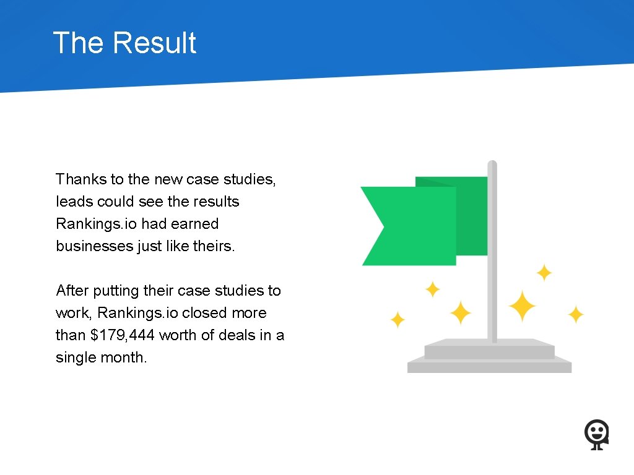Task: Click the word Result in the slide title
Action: pos(155,43)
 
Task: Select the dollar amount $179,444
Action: pos(123,335)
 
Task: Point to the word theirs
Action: pos(214,246)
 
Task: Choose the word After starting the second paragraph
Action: pos(72,291)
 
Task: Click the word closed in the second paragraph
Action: pos(205,313)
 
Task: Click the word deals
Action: pos(243,335)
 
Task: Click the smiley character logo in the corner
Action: pos(597,435)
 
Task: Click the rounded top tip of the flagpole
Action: pos(492,165)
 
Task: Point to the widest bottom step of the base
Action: pos(489,367)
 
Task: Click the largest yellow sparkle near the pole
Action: pos(522,306)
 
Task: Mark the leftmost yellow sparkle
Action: pos(397,320)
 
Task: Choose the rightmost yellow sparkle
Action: pos(576,315)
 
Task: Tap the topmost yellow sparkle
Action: pos(544,272)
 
